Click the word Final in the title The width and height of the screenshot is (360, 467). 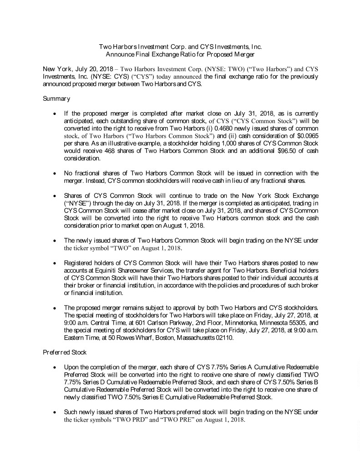pos(145,53)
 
